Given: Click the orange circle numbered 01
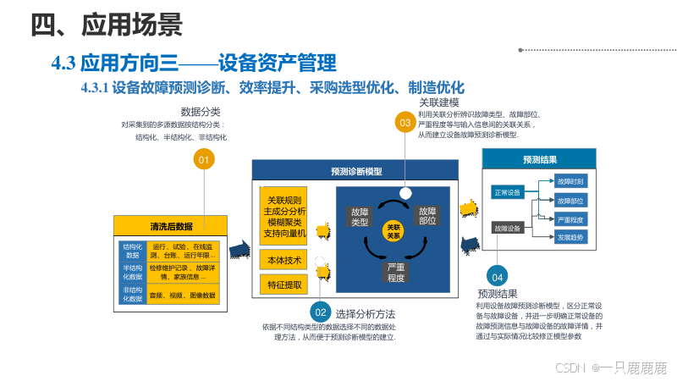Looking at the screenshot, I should point(203,159).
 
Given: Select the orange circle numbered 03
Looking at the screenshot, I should point(405,122).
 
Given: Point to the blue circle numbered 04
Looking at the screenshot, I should point(497,277).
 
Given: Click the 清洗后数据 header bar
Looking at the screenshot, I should point(172,226).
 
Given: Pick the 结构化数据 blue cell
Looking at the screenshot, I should point(132,251).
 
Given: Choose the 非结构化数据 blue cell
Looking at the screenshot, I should point(132,295).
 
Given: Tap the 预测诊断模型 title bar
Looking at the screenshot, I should point(355,171).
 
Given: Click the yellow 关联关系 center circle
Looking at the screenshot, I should point(393,231).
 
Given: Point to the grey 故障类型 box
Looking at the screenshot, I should point(360,216).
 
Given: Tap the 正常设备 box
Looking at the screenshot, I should point(509,192).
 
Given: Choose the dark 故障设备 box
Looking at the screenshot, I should point(509,228).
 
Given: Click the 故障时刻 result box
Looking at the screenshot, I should point(570,182).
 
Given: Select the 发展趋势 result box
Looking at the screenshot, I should point(570,238).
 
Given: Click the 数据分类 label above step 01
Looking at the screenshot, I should point(201,112).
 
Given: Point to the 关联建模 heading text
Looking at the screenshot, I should point(439,102).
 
